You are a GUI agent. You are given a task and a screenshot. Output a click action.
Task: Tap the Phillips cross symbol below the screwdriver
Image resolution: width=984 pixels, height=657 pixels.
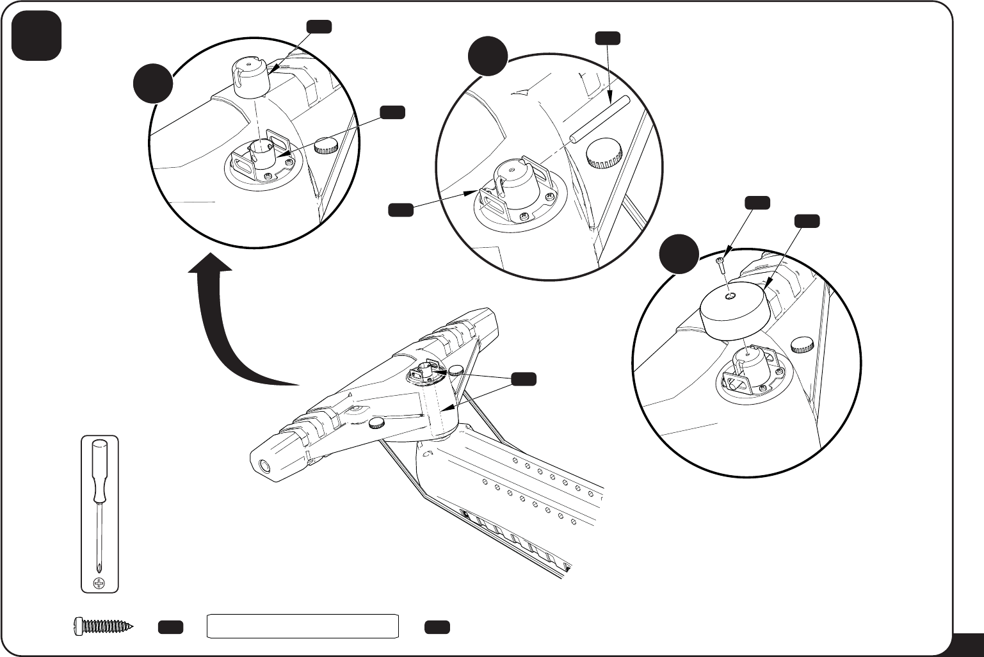(x=99, y=583)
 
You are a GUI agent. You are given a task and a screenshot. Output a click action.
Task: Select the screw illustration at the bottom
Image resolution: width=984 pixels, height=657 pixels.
(x=102, y=626)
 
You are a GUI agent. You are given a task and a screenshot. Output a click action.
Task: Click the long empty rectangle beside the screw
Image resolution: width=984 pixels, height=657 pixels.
(x=303, y=626)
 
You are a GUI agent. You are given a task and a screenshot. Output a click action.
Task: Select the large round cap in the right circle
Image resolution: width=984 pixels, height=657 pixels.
(x=734, y=311)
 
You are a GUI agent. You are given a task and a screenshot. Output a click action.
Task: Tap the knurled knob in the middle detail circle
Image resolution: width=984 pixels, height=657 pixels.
(x=604, y=154)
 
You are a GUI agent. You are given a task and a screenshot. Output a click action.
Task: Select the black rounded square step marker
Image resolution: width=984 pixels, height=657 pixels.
(x=36, y=36)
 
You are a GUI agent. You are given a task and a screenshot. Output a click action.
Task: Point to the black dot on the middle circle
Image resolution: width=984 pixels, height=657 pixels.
(x=487, y=56)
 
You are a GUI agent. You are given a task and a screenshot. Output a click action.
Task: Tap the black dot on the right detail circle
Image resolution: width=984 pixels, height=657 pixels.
(x=679, y=254)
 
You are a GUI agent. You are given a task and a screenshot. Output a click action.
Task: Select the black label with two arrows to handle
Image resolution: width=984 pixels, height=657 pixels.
(x=523, y=379)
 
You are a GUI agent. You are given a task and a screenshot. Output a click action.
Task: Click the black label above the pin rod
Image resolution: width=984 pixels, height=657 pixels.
(x=607, y=38)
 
